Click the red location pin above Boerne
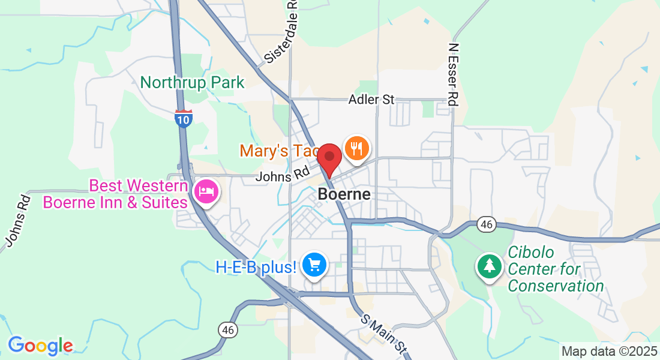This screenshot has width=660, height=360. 329,158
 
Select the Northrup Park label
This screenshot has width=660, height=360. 193,82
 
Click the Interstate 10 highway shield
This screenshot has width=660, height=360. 184,118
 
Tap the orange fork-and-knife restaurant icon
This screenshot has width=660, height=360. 357,148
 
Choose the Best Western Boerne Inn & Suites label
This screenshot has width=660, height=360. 115,194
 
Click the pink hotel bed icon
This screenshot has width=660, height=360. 206,191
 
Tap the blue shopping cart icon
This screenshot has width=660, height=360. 314,265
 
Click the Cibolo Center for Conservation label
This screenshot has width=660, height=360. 556,269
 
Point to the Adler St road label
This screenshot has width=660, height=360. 371,100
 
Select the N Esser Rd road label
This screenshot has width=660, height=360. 454,74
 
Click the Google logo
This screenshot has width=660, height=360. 41,346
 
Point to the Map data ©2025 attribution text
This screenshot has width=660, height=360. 608,351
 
